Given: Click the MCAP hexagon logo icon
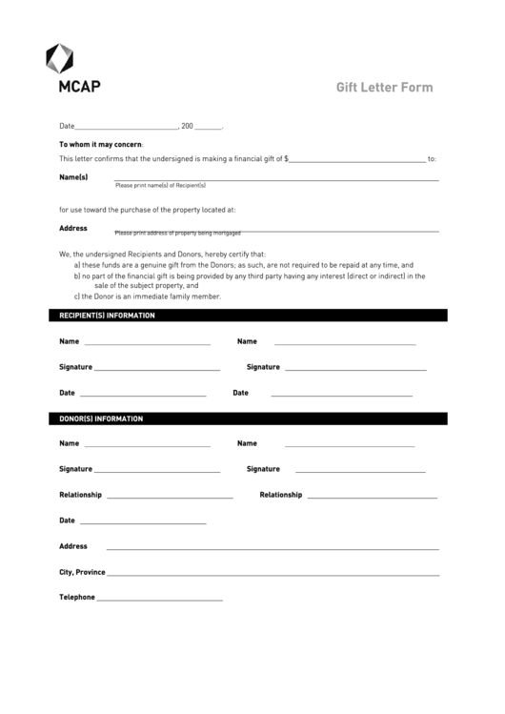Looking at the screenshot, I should point(60,58).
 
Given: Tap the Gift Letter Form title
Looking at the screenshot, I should point(384,88).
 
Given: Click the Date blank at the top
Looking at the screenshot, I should point(126,128).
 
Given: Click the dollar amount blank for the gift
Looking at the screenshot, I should point(357,160).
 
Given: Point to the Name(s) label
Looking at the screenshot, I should point(73,177).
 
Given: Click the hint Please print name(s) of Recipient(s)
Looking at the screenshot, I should point(160,185).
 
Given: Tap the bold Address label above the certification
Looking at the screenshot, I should point(73,228).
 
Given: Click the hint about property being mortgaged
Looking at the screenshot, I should point(177,234).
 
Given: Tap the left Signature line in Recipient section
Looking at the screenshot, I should point(157,369).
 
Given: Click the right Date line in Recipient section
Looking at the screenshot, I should point(341,395).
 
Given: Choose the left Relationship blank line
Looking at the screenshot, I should point(171,498).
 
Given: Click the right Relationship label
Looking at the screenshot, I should point(280,495).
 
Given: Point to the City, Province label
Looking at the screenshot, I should point(82,572).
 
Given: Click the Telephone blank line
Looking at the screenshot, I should point(160,600).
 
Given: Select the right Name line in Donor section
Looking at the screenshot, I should point(350,445).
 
